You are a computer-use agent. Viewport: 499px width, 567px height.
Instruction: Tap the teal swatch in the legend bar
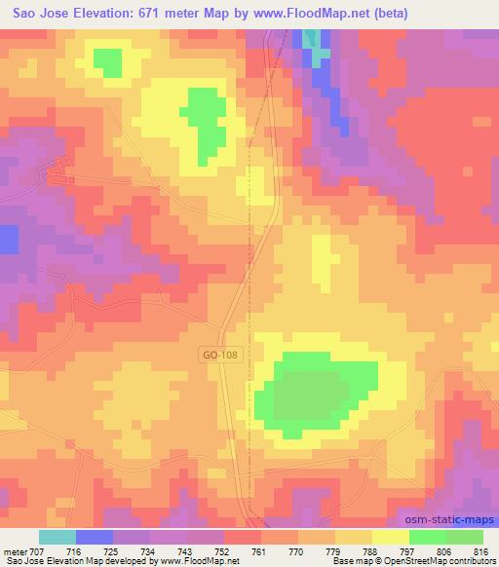pyautogui.click(x=58, y=537)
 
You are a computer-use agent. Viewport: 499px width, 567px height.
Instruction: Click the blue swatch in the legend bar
pyautogui.click(x=95, y=537)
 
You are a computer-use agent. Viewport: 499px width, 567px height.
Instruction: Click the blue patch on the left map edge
pyautogui.click(x=9, y=239)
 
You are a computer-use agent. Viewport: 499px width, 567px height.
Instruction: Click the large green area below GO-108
pyautogui.click(x=317, y=390)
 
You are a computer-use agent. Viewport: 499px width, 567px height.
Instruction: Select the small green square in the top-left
pyautogui.click(x=106, y=61)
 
